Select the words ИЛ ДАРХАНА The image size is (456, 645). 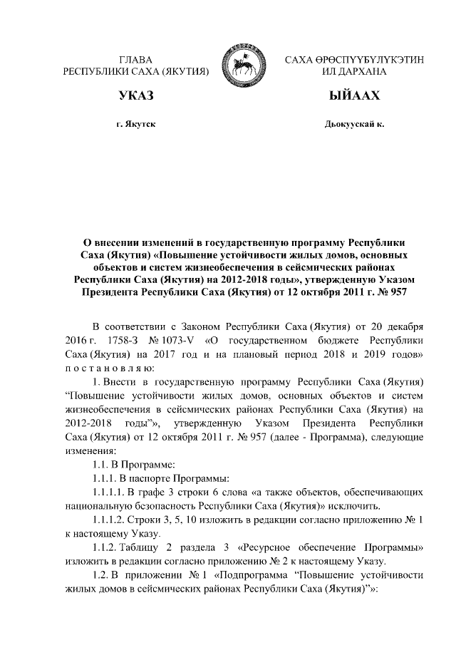point(354,72)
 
